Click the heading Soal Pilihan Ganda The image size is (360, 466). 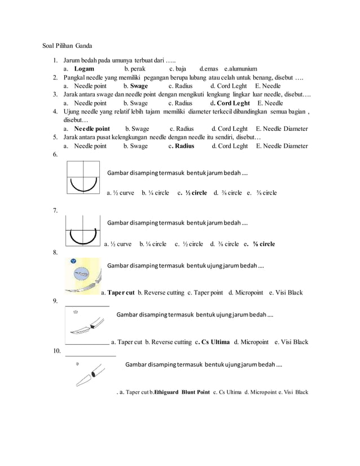tap(68, 46)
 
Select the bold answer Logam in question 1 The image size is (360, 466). tap(84, 68)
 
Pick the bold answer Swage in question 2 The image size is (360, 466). tap(139, 86)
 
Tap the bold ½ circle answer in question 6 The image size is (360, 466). tap(196, 192)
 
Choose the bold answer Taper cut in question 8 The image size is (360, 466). tap(121, 293)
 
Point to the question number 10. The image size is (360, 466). tap(56, 351)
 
